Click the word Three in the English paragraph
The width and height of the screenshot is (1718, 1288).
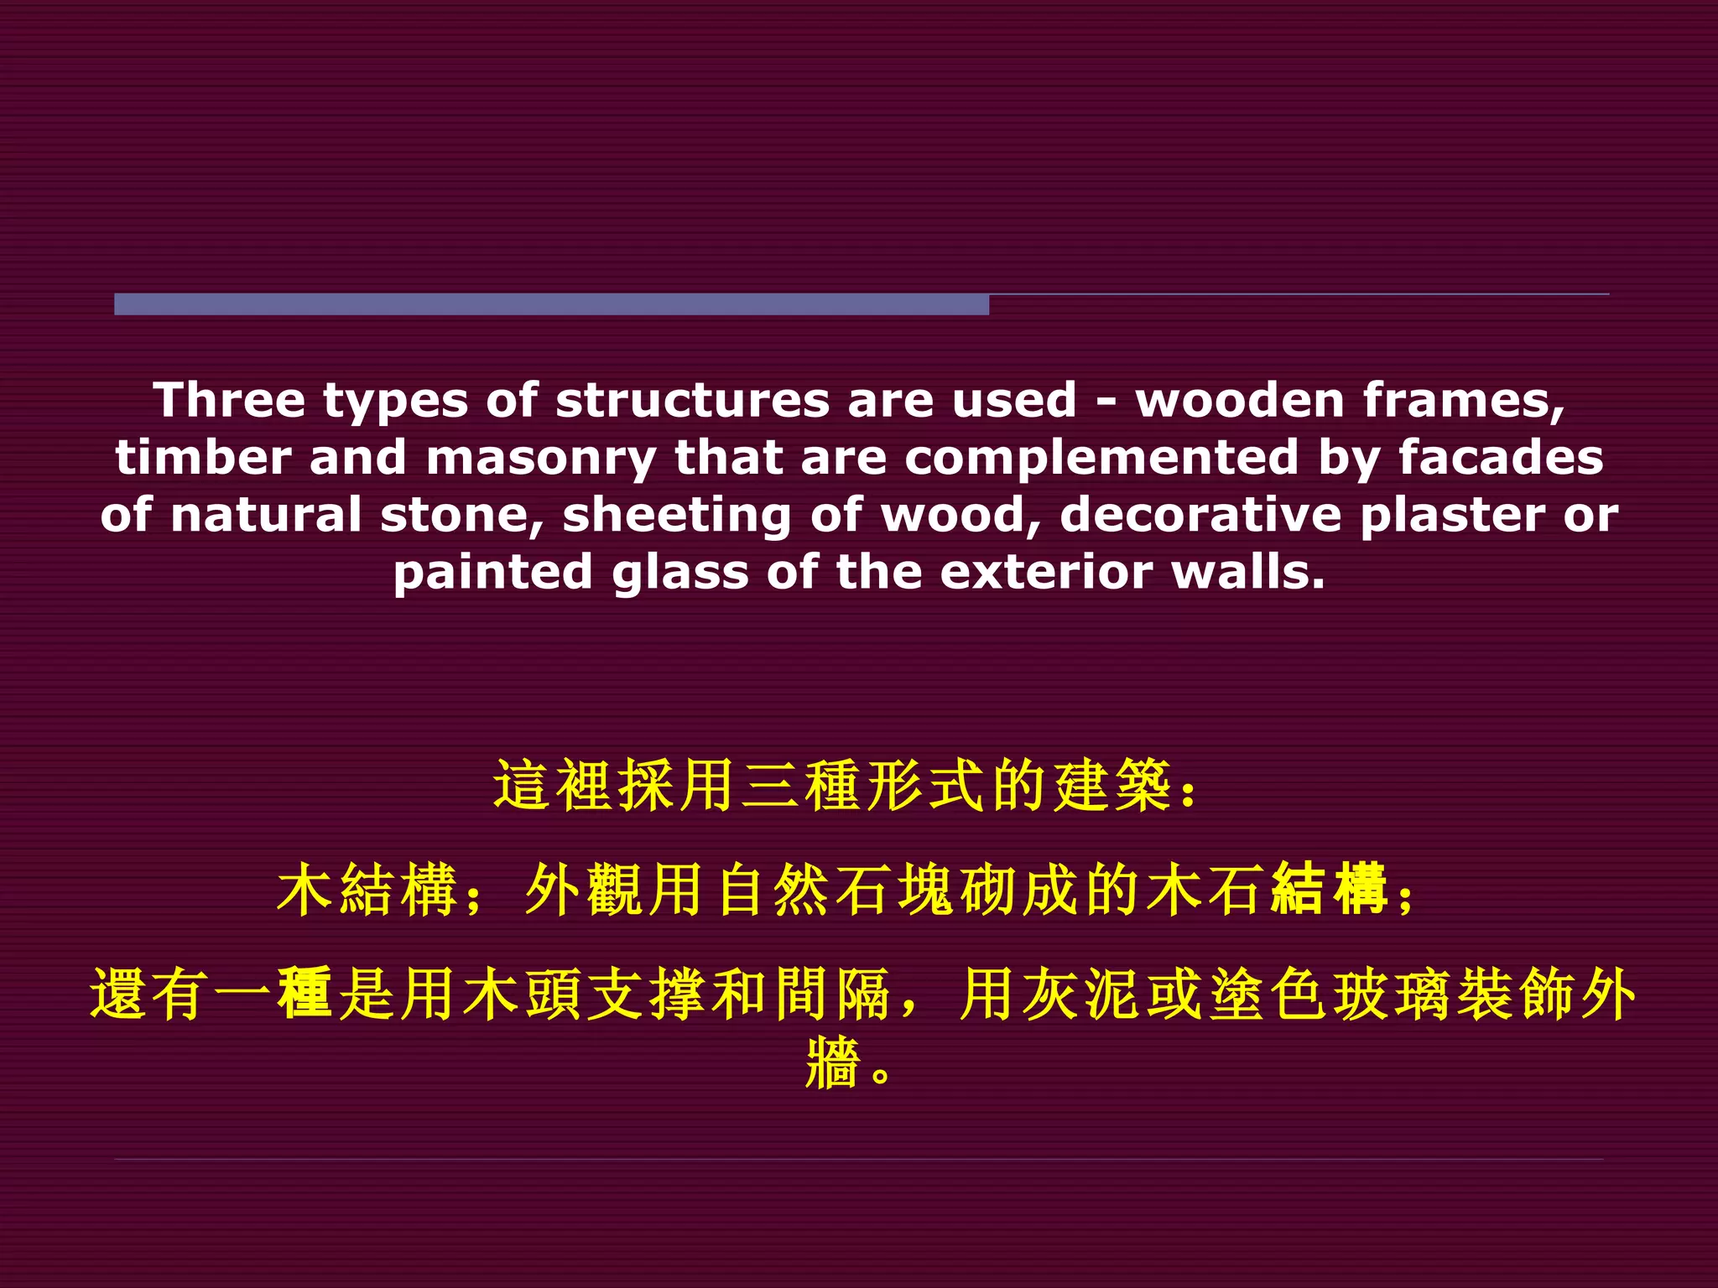pyautogui.click(x=228, y=400)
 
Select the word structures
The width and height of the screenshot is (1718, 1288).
pyautogui.click(x=691, y=400)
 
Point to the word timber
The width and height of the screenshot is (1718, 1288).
pyautogui.click(x=203, y=458)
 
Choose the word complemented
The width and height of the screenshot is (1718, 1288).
pyautogui.click(x=1101, y=458)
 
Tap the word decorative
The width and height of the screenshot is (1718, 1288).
pyautogui.click(x=1200, y=515)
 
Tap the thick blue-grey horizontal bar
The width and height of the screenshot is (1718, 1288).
pyautogui.click(x=551, y=304)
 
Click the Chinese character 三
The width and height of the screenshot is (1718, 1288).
pyautogui.click(x=772, y=787)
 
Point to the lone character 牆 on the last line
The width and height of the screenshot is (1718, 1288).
pyautogui.click(x=832, y=1063)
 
